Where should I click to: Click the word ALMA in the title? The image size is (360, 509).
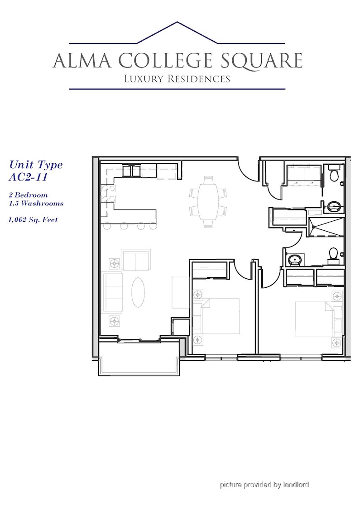pos(82,60)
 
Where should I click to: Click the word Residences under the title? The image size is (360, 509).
pos(199,79)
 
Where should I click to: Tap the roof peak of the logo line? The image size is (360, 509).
pos(177,22)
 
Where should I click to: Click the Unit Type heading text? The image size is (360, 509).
pos(36,165)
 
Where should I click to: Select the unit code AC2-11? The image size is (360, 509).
pos(28,177)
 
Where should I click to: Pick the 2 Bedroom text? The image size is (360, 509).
pos(28,195)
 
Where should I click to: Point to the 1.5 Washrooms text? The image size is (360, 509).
pos(36,204)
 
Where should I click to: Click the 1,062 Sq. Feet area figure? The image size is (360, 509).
pos(33,220)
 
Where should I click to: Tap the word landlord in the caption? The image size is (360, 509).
pos(296,485)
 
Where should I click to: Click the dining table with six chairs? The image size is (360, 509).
pos(207,202)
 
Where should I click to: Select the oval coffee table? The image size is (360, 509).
pos(138,292)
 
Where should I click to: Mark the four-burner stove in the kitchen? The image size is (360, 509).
pos(108,194)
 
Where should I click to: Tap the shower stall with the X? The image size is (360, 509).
pos(326,227)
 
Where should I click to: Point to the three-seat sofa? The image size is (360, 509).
pos(112,292)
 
